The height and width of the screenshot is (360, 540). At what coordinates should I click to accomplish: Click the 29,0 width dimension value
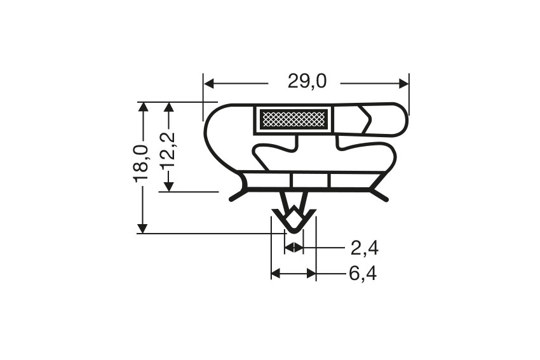tap(307, 81)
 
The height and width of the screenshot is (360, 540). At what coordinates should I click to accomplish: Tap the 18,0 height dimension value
tap(141, 163)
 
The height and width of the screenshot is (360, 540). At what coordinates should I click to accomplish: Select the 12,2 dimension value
tap(168, 150)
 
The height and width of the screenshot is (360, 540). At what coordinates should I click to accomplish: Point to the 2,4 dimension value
tap(365, 248)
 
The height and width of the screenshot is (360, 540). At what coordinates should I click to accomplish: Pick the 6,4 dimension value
tap(363, 274)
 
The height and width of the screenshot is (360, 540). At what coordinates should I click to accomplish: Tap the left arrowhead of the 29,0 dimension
tap(210, 83)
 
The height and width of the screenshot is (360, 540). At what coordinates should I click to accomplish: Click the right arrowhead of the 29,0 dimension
tap(403, 83)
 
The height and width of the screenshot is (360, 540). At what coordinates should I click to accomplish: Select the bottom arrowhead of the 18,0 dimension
tap(142, 228)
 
